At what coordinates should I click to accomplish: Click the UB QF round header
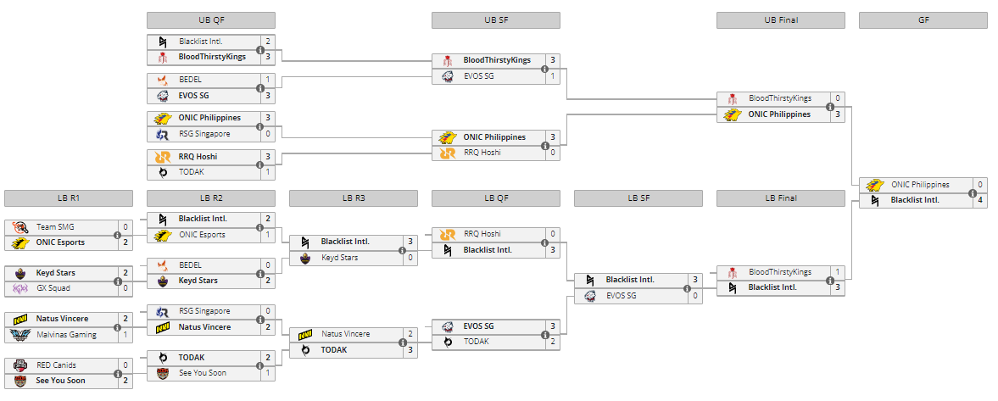[210, 20]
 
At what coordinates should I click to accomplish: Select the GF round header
[923, 20]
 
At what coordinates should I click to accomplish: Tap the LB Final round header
[780, 198]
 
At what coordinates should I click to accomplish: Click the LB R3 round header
[353, 198]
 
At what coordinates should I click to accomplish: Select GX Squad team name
[53, 288]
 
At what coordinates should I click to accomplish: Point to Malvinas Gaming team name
[67, 334]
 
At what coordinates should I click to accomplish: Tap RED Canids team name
[56, 365]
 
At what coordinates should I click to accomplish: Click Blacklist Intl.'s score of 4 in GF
[980, 200]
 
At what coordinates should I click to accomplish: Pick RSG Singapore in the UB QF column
[204, 134]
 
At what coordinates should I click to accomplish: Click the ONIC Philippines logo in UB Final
[732, 114]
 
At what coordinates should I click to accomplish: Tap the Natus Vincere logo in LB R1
[20, 319]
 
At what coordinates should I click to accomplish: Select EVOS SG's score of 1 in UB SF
[553, 76]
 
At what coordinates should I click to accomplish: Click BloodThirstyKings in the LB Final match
[779, 272]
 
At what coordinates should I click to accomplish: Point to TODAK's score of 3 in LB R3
[410, 349]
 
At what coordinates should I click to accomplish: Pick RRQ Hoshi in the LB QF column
[482, 234]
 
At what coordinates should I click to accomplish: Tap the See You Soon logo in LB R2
[162, 373]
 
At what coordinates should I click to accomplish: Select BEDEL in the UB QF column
[190, 80]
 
